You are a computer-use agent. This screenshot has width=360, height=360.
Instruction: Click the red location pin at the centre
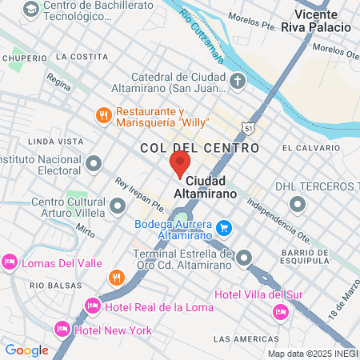tap(179, 164)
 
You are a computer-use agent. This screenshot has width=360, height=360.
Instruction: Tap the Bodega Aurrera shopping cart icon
tap(225, 228)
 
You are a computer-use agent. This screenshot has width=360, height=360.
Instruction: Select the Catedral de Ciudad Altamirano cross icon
tap(238, 82)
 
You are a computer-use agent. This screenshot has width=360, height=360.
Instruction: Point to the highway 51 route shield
tap(250, 128)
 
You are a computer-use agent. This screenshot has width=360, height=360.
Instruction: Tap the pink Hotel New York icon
tap(62, 329)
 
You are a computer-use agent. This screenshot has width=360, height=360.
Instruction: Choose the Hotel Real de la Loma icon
tap(93, 306)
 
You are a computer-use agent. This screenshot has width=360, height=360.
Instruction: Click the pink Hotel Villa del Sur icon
tap(280, 310)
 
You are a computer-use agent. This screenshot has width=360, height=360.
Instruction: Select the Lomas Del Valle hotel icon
tap(10, 262)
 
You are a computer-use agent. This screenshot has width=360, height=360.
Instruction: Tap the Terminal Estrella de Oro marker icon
tap(244, 258)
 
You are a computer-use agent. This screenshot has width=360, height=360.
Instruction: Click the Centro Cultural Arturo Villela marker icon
tap(118, 207)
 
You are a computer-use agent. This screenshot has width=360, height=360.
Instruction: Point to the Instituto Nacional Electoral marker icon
tap(94, 164)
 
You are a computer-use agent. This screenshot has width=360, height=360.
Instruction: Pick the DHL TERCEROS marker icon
tap(298, 205)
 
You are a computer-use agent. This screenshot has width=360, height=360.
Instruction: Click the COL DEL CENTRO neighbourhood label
tap(199, 148)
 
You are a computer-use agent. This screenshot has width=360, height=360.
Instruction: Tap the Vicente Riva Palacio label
tap(322, 21)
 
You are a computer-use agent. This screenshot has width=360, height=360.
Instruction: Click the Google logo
tap(26, 350)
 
